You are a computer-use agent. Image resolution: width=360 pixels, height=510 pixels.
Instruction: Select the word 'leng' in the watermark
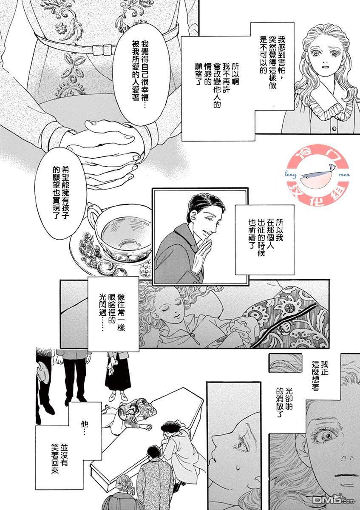pos(291,175)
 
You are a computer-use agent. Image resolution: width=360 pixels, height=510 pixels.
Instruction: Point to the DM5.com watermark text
pos(333,501)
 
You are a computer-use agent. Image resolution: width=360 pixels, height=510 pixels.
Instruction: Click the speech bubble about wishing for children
pos(61,193)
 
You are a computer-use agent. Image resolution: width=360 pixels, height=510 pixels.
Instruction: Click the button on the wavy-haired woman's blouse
pos(334,129)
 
